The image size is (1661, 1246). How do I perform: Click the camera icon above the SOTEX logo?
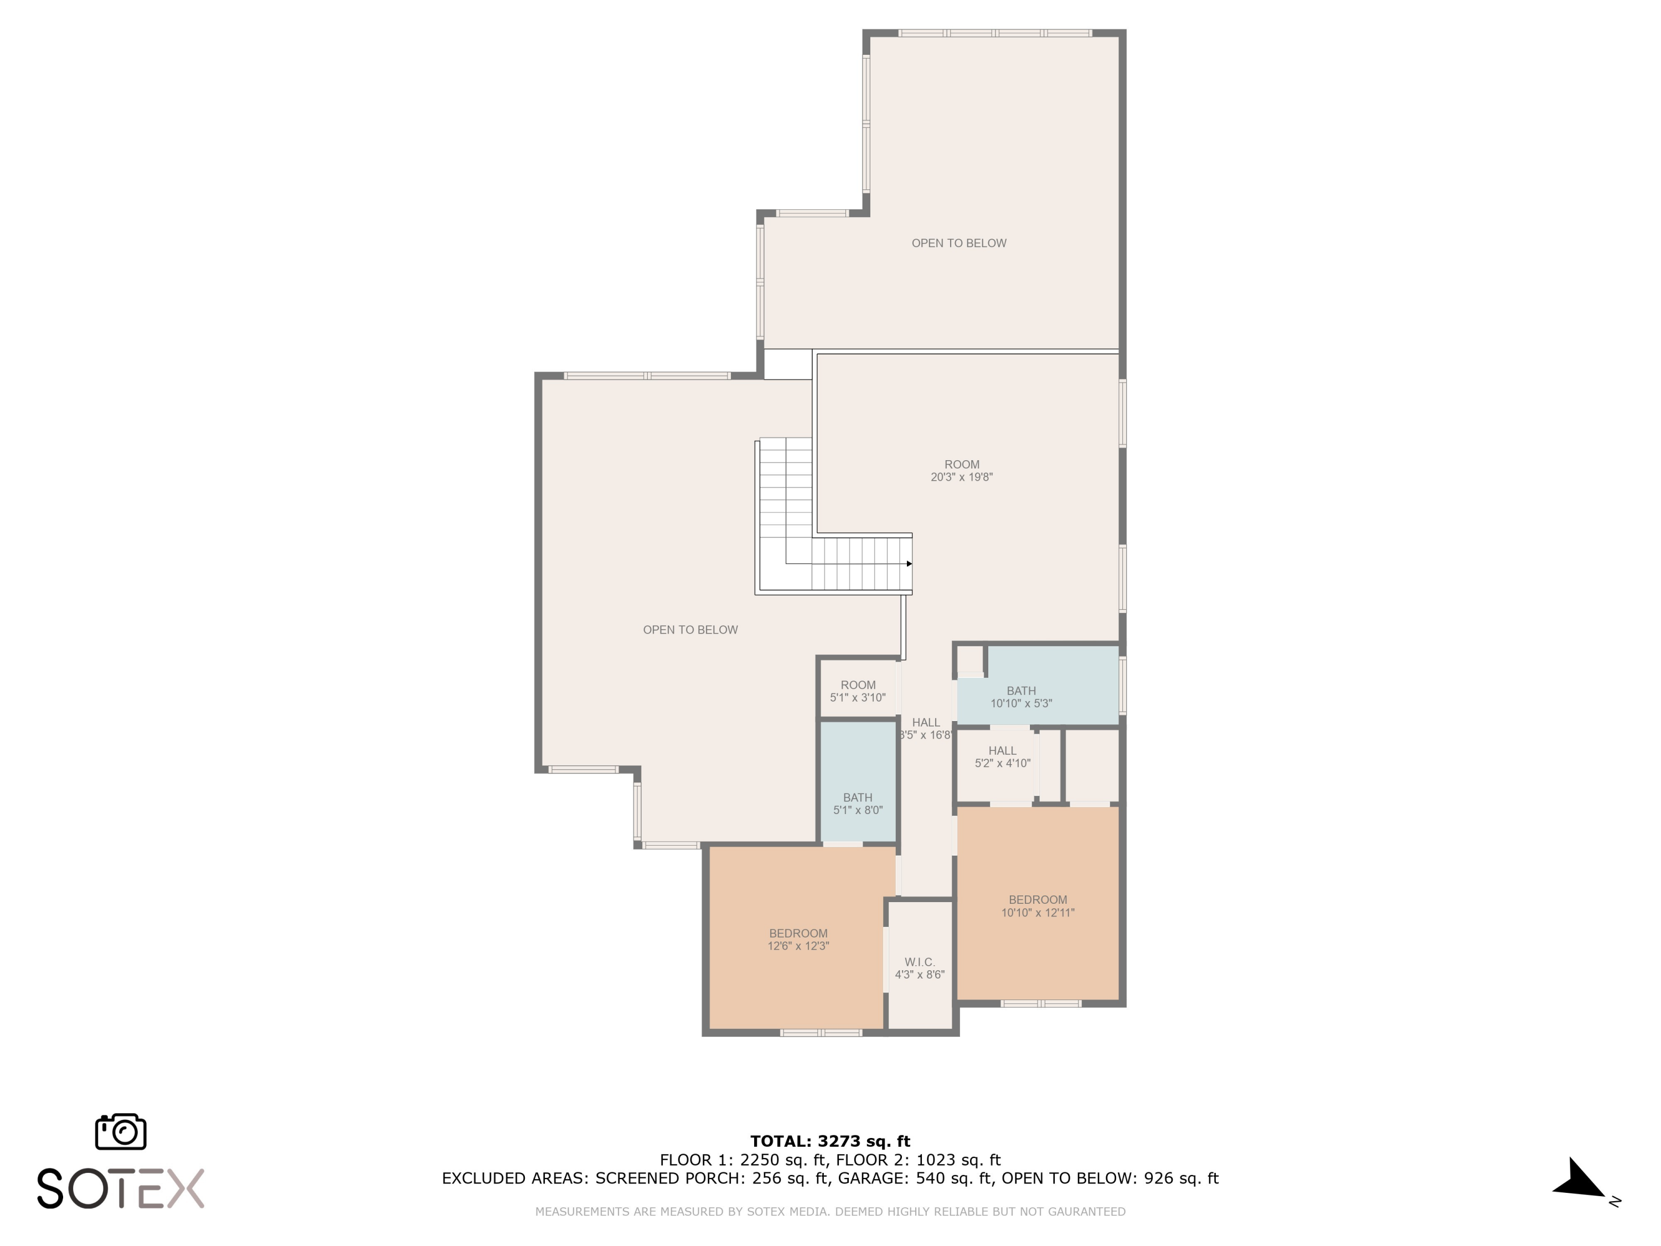[120, 1131]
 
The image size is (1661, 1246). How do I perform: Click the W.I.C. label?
[919, 962]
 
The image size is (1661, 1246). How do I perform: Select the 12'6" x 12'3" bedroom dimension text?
[798, 946]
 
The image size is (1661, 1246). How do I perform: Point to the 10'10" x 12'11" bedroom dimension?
[1038, 913]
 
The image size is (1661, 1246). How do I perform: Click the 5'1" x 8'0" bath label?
[858, 804]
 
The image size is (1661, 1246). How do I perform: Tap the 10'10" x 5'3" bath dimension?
[1021, 704]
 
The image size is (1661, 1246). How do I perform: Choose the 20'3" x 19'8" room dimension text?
[962, 477]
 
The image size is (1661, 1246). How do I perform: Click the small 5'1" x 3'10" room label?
[858, 691]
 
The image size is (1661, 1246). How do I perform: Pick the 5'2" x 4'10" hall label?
[1003, 757]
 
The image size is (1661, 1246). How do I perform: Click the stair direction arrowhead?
[909, 563]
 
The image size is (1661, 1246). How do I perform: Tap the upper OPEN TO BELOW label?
[959, 243]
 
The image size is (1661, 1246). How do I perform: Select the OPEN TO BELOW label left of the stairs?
[690, 630]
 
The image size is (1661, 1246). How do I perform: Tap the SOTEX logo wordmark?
[120, 1188]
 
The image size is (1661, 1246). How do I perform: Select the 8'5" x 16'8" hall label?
[926, 729]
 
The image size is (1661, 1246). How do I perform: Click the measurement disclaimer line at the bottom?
[830, 1212]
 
